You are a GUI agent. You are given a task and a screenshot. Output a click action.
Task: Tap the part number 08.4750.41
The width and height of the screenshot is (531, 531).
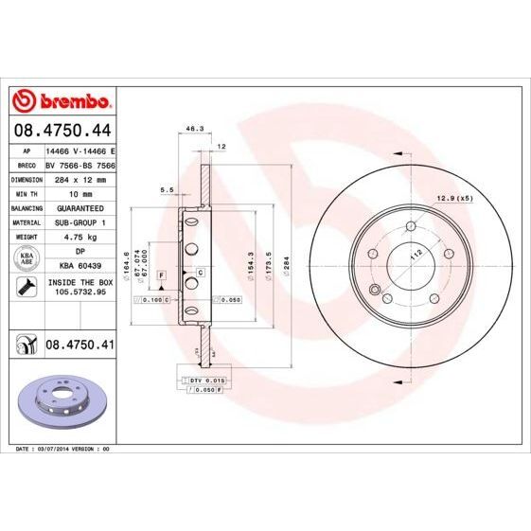(x=80, y=345)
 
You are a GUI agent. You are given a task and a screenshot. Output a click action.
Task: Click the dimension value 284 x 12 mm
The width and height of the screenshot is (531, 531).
(x=80, y=177)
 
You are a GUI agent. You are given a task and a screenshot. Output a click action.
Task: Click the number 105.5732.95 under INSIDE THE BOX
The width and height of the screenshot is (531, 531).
(x=80, y=293)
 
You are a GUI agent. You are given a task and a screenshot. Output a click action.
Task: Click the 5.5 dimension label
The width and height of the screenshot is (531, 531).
(x=167, y=190)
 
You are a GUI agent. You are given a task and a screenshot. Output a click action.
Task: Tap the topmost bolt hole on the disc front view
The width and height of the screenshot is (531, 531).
(x=410, y=225)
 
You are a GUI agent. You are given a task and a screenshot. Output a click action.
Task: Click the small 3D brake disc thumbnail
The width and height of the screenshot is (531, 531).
(x=61, y=402)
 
